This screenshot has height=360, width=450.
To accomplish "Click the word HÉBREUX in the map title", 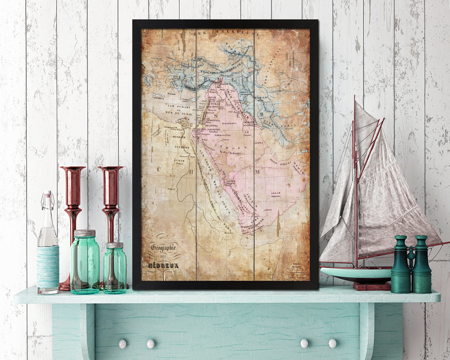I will tap(163, 265).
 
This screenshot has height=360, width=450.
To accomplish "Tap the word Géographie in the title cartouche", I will tap(163, 247).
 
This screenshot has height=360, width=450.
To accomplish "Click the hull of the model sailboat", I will tap(355, 273).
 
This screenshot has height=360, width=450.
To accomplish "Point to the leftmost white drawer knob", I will tap(122, 343).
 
